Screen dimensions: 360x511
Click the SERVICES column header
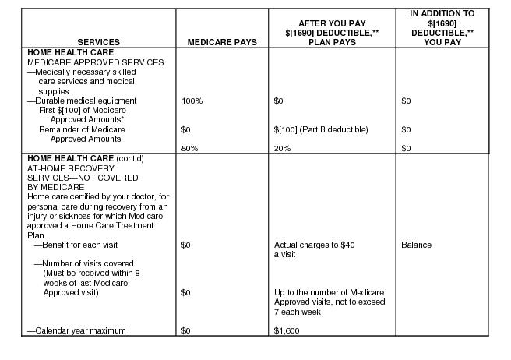(x=98, y=42)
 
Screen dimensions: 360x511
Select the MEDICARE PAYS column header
(x=221, y=42)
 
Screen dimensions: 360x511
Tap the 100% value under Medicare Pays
(x=192, y=101)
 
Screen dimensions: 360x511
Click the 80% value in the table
(x=189, y=148)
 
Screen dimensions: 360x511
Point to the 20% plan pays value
(x=282, y=148)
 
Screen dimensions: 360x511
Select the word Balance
(x=416, y=245)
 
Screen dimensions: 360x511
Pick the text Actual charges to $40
(x=315, y=245)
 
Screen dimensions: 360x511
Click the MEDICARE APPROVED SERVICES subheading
(x=96, y=62)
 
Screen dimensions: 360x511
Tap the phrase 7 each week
(x=298, y=312)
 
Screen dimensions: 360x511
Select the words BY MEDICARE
(x=56, y=187)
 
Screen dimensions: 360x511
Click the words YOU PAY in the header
(x=442, y=42)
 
